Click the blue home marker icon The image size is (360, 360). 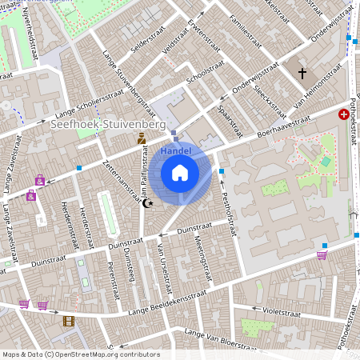pyautogui.click(x=180, y=172)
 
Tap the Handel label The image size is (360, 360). pyautogui.click(x=175, y=150)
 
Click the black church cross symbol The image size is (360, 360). pyautogui.click(x=302, y=74)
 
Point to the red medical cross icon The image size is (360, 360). pyautogui.click(x=344, y=114)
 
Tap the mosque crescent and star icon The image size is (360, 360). pyautogui.click(x=146, y=203)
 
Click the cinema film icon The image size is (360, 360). pyautogui.click(x=68, y=322)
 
